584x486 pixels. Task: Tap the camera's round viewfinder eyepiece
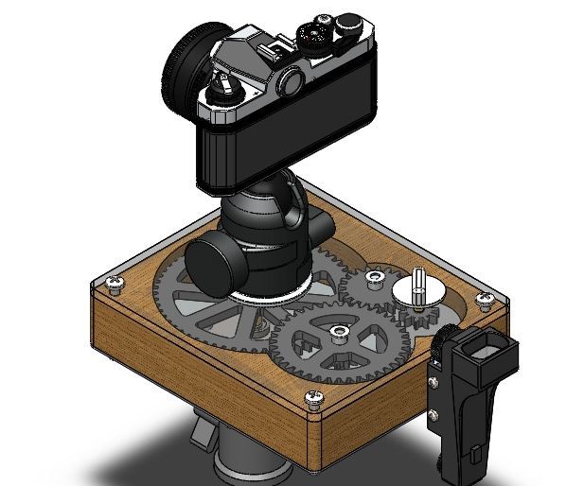click(x=291, y=82)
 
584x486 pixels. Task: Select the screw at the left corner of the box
click(x=116, y=282)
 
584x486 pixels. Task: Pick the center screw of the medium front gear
click(x=338, y=330)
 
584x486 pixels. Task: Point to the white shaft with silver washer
click(x=419, y=286)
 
